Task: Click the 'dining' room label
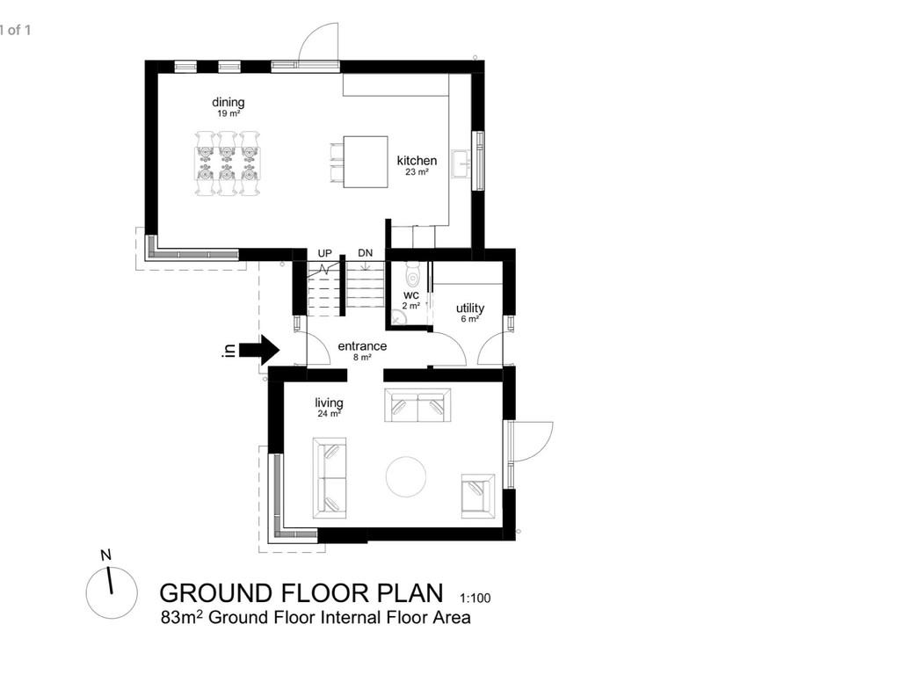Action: pos(228,103)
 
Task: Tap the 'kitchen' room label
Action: pos(417,161)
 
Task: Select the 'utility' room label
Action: pos(470,308)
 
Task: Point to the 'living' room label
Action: pos(330,403)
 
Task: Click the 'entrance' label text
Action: pos(362,346)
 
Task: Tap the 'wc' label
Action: pos(410,295)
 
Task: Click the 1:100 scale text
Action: pos(475,599)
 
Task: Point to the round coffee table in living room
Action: pos(408,476)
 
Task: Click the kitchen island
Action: pos(365,162)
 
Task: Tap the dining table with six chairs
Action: pos(227,163)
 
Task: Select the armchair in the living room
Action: pos(477,495)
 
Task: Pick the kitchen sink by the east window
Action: pos(461,163)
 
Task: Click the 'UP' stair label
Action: pos(324,254)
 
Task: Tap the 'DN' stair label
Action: pos(366,254)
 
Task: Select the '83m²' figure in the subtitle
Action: pos(181,618)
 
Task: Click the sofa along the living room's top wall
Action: pos(418,405)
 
